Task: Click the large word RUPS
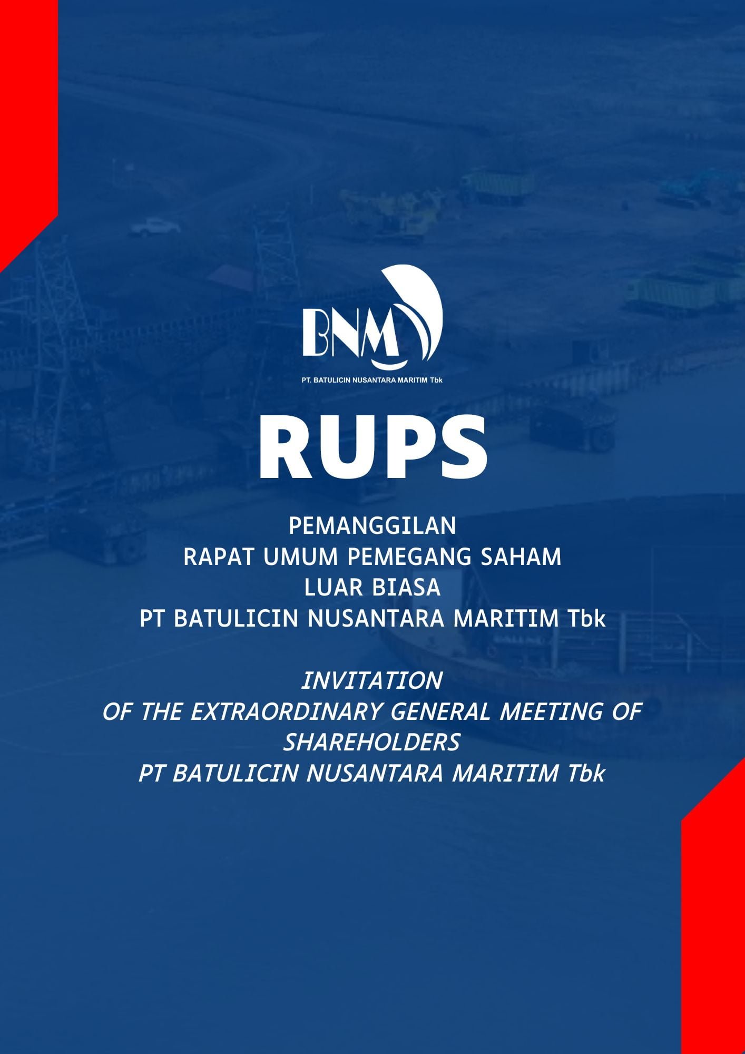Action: click(x=372, y=448)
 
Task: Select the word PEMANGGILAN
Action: click(x=372, y=526)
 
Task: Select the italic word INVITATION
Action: click(x=372, y=681)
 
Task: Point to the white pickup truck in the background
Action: click(x=155, y=227)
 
